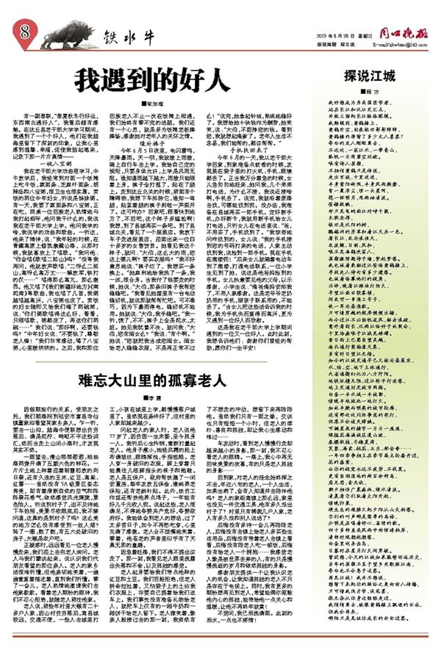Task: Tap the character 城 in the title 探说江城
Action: click(393, 76)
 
